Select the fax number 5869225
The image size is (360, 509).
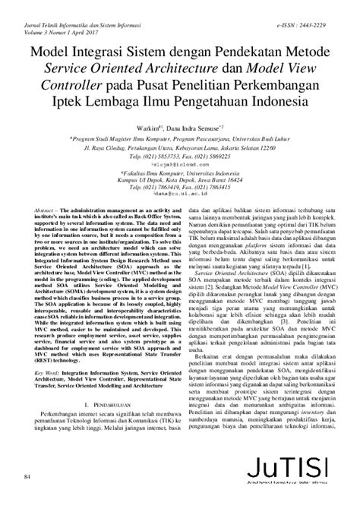[219, 156]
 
